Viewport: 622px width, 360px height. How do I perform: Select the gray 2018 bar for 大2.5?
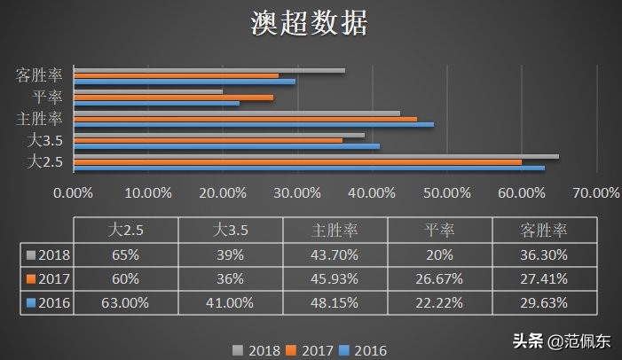coord(316,157)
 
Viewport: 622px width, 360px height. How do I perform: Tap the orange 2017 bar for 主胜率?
coord(245,119)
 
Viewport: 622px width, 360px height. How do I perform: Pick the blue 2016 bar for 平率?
coord(156,103)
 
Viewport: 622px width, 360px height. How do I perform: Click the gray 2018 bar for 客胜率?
coord(209,70)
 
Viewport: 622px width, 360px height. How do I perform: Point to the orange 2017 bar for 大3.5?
coord(208,140)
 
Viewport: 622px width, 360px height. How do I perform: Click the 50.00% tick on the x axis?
coord(447,192)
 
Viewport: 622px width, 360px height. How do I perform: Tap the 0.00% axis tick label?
coord(74,192)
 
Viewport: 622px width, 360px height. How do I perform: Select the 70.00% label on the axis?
coord(596,192)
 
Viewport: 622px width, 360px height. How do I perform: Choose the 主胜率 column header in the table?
coord(335,230)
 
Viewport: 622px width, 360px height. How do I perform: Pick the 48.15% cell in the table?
coord(335,304)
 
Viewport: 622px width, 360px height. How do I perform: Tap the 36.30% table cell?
coord(544,254)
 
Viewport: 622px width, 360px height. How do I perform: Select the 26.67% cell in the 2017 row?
coord(439,279)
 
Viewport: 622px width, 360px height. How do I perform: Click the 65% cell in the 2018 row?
coord(125,254)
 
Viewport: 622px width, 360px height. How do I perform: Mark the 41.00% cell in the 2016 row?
coord(230,304)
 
